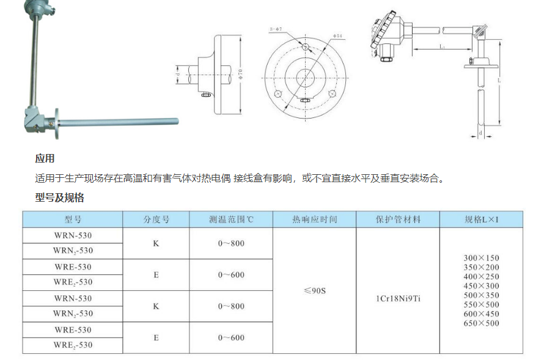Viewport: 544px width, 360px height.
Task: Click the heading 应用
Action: [45, 158]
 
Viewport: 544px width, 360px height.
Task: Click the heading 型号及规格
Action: [59, 197]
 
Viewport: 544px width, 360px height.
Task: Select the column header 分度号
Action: [156, 219]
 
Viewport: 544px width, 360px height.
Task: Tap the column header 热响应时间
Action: [314, 219]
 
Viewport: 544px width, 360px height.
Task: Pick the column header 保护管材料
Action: [398, 219]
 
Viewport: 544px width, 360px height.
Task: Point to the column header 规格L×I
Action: [482, 219]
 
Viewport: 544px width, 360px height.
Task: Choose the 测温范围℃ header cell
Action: [230, 219]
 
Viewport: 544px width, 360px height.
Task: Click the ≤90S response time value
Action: [314, 290]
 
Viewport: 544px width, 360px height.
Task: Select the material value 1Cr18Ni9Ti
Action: [398, 299]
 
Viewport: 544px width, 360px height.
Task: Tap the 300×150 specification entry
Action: [482, 258]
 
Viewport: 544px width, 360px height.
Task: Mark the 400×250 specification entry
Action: [482, 276]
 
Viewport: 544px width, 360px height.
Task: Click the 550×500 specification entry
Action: [482, 304]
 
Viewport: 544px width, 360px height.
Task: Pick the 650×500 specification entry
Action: [482, 323]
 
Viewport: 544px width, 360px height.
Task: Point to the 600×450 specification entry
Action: [482, 314]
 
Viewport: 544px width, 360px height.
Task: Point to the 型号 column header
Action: [73, 219]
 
